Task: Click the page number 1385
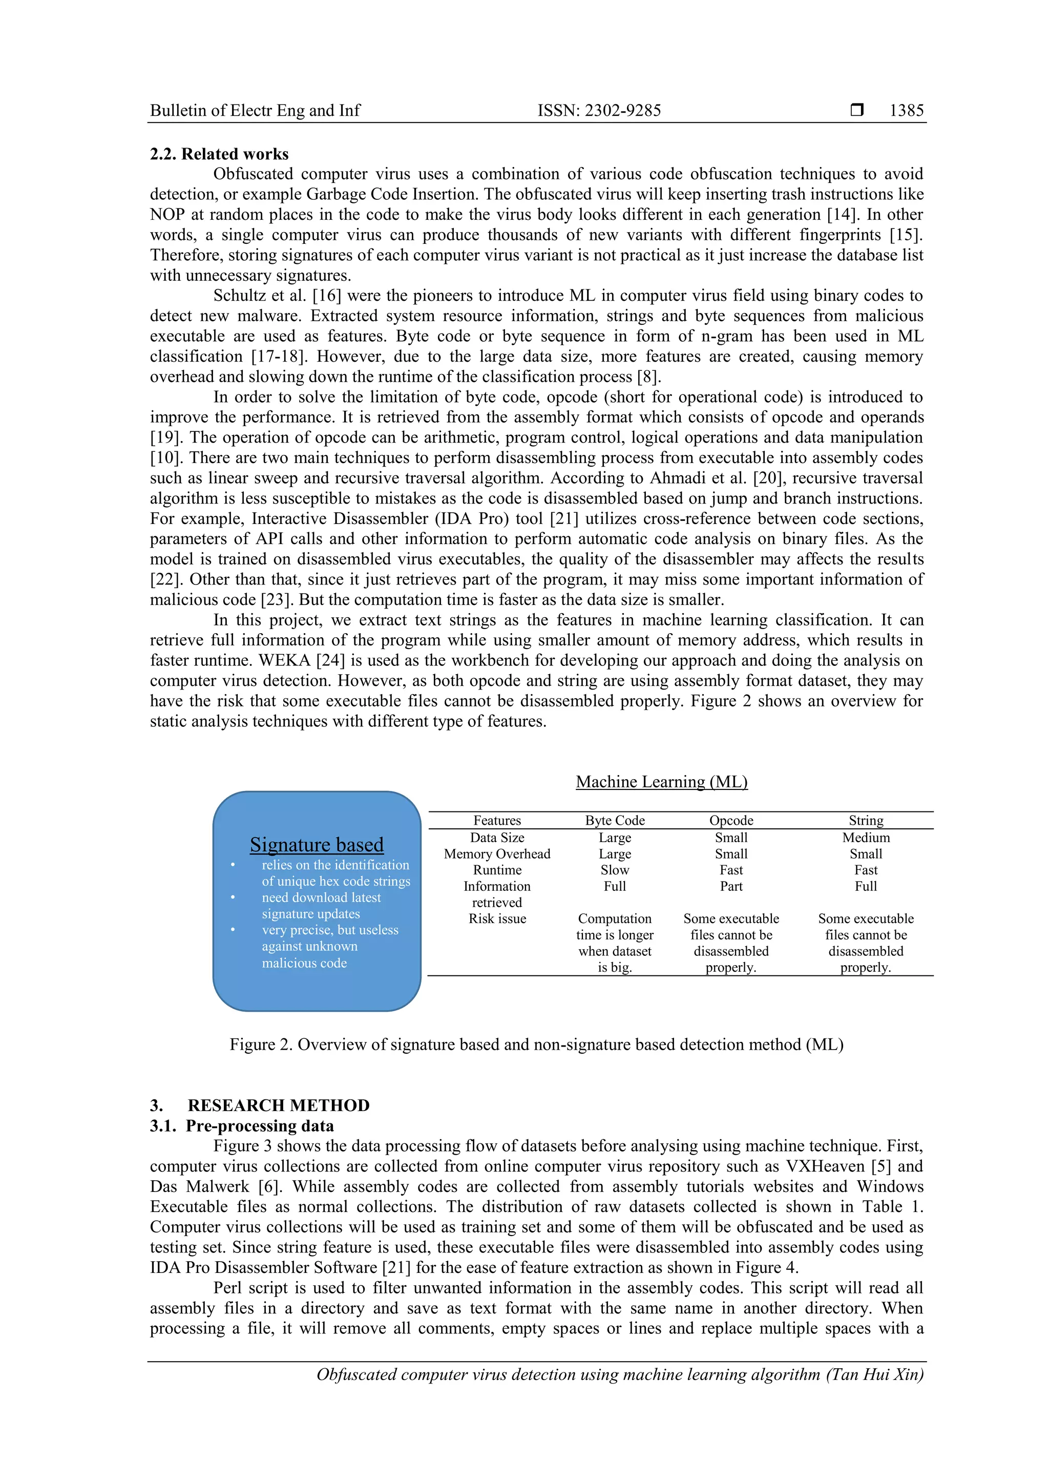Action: [x=906, y=111]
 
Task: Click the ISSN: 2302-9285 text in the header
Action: [x=599, y=111]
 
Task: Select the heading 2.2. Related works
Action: [x=219, y=154]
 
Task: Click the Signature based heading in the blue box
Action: [x=317, y=844]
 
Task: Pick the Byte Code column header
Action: [x=615, y=820]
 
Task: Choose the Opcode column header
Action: [x=731, y=820]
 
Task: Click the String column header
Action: [x=866, y=820]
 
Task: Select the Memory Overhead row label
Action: [x=497, y=854]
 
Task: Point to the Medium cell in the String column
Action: [x=866, y=838]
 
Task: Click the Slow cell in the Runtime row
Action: [x=615, y=870]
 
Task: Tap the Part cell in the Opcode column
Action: [x=731, y=886]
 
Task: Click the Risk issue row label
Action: [x=497, y=918]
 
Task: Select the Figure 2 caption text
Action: [x=536, y=1044]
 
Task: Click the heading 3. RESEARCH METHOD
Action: [x=260, y=1105]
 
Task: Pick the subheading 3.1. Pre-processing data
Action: [x=242, y=1126]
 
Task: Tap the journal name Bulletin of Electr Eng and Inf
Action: [x=255, y=111]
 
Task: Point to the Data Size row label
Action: [x=497, y=838]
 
